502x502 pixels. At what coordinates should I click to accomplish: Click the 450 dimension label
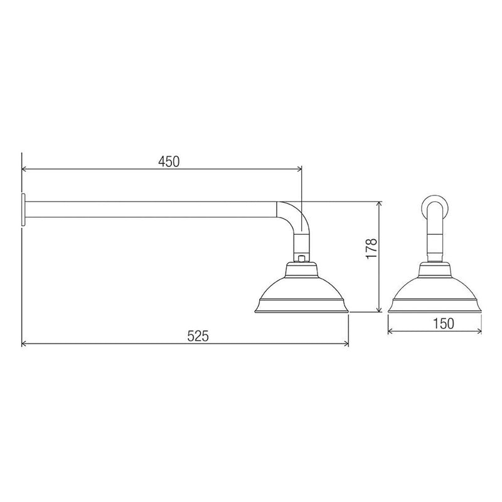[x=169, y=162]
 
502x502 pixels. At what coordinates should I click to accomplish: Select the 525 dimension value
[x=198, y=336]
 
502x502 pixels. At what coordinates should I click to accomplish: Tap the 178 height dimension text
[x=371, y=248]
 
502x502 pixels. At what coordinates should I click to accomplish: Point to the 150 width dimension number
[x=444, y=324]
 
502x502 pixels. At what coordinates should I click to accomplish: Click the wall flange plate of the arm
[x=23, y=210]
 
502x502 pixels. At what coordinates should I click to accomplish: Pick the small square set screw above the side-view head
[x=301, y=259]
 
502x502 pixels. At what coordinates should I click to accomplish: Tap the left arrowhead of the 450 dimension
[x=24, y=169]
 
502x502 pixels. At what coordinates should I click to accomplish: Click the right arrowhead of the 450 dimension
[x=299, y=169]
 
